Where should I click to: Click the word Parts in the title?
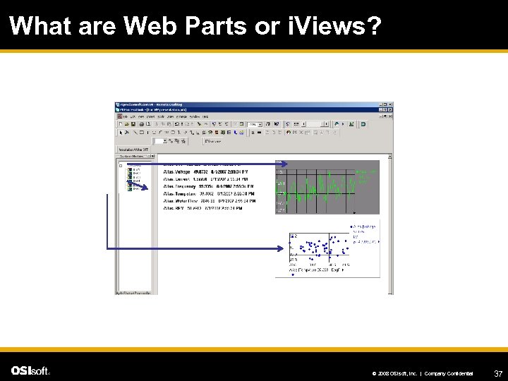coord(216,26)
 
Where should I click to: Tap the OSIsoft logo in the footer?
coord(30,370)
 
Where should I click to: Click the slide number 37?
coord(498,373)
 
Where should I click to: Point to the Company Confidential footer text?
coord(449,373)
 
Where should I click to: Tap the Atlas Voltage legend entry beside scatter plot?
coord(365,227)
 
